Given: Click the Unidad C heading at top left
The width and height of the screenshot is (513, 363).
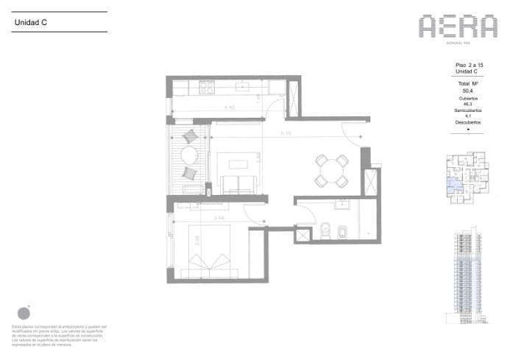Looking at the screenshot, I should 32,23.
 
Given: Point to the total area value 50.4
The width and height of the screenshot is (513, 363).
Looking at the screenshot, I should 466,92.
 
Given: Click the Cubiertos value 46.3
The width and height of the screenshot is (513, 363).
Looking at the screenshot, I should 466,105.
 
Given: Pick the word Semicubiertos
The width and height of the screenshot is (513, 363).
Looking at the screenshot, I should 466,110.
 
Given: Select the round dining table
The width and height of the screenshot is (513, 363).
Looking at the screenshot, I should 331,170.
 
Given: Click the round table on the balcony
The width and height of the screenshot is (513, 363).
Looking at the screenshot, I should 189,155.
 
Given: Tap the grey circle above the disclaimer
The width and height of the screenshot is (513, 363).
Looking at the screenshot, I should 24,313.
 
